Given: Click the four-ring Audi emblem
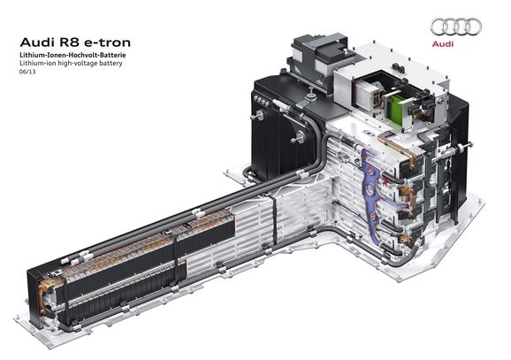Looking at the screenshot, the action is click(x=455, y=27).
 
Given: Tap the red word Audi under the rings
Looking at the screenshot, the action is click(x=443, y=43).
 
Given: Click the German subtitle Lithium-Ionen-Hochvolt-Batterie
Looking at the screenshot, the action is click(x=72, y=55).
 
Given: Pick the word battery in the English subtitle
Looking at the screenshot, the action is click(x=111, y=64).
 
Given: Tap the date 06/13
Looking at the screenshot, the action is click(x=27, y=72).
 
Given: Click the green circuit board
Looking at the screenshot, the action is click(x=395, y=109).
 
